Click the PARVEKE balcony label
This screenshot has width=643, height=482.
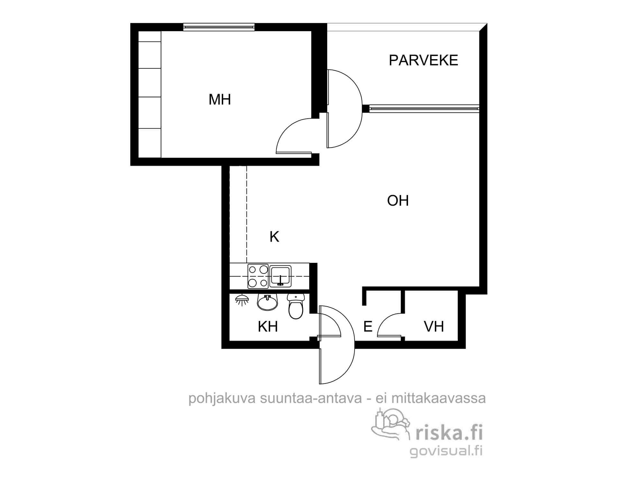pyautogui.click(x=423, y=60)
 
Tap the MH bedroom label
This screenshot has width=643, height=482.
pyautogui.click(x=220, y=100)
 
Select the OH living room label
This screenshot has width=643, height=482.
pyautogui.click(x=398, y=201)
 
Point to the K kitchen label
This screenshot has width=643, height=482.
pyautogui.click(x=274, y=237)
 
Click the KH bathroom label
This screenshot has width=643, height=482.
pyautogui.click(x=268, y=327)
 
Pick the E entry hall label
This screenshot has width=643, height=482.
pyautogui.click(x=368, y=327)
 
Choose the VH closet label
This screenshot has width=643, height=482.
pyautogui.click(x=434, y=327)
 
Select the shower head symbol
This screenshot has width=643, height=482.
pyautogui.click(x=242, y=300)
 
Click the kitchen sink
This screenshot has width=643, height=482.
pyautogui.click(x=281, y=276)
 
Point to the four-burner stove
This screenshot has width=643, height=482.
pyautogui.click(x=258, y=276)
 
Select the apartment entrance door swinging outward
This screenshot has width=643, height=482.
pyautogui.click(x=341, y=363)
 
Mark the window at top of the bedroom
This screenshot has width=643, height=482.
pyautogui.click(x=219, y=27)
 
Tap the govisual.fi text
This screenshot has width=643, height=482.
pyautogui.click(x=446, y=451)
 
